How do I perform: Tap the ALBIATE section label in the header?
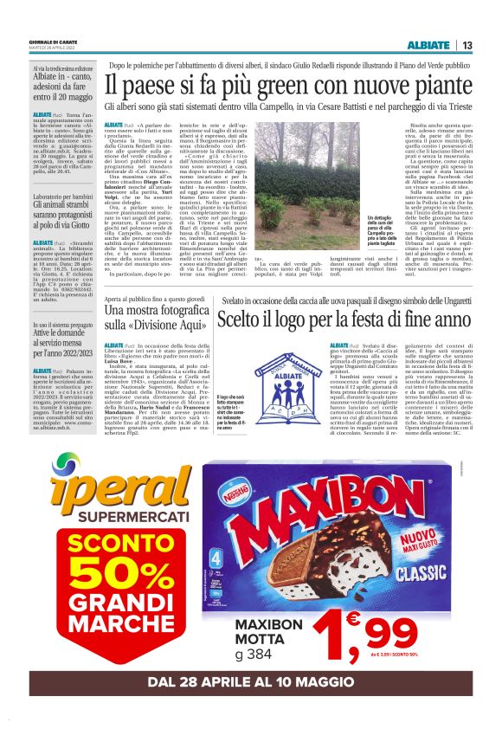pos(428,46)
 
